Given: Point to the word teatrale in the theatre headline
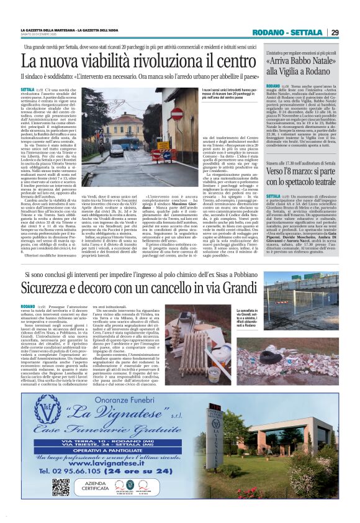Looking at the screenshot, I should [321, 182].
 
